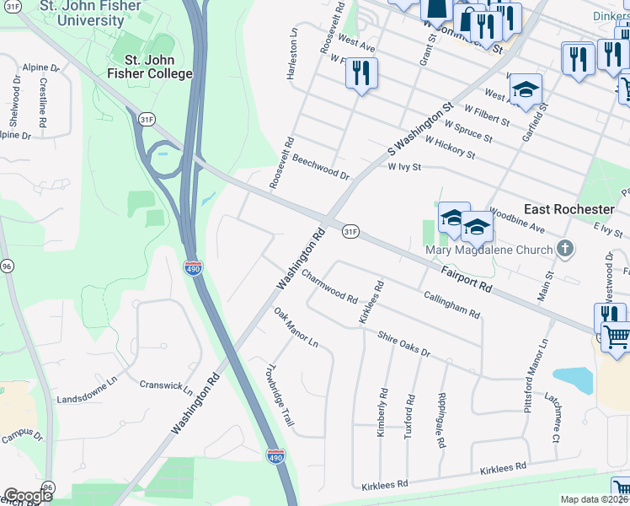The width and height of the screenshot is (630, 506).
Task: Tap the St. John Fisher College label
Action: point(158,67)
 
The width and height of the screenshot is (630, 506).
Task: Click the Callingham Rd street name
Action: point(451,305)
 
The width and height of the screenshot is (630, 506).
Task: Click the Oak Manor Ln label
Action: point(296,327)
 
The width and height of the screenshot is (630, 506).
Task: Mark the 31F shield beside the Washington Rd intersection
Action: point(351,230)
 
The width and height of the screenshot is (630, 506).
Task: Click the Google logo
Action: point(27,496)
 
